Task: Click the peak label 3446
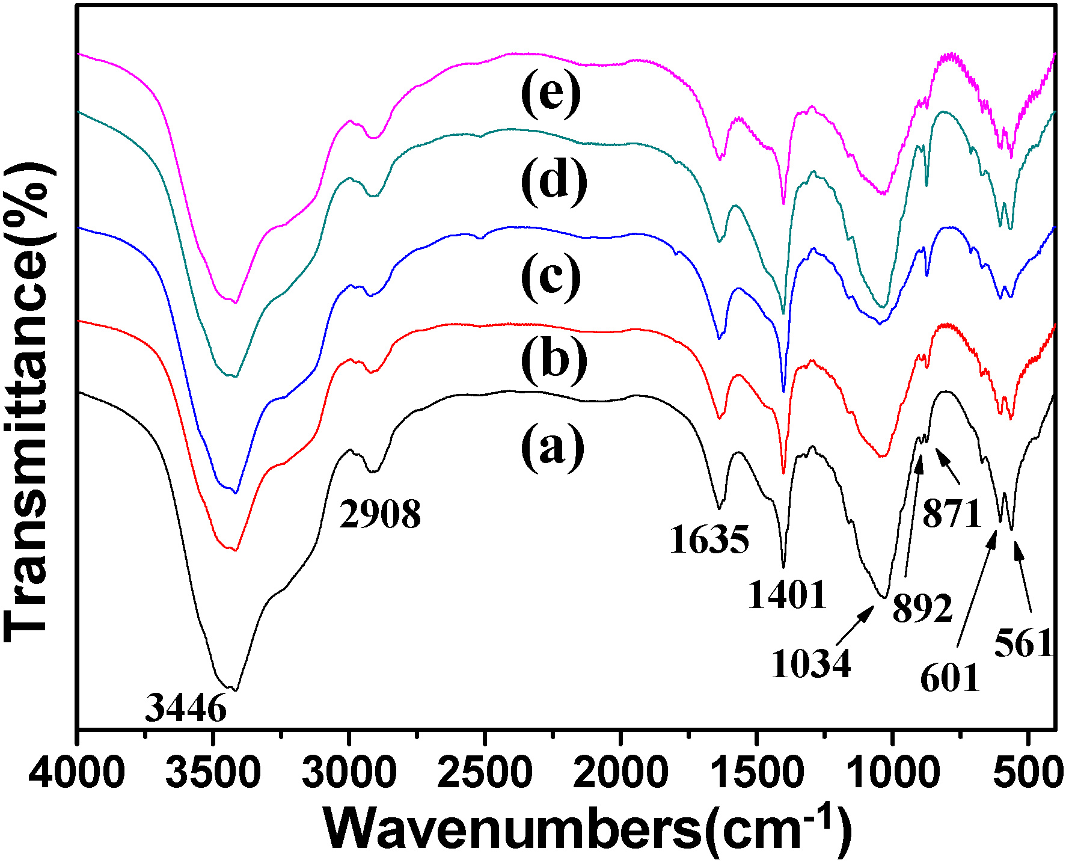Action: click(x=186, y=708)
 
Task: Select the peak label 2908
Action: click(x=379, y=515)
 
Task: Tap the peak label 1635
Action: click(x=709, y=539)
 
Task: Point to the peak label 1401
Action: click(x=787, y=595)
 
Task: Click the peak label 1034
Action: click(x=811, y=664)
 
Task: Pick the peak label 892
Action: click(x=922, y=608)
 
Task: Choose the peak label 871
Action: click(x=952, y=514)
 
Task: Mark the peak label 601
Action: click(x=950, y=678)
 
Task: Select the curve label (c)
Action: click(x=551, y=278)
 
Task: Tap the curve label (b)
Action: click(x=553, y=361)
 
